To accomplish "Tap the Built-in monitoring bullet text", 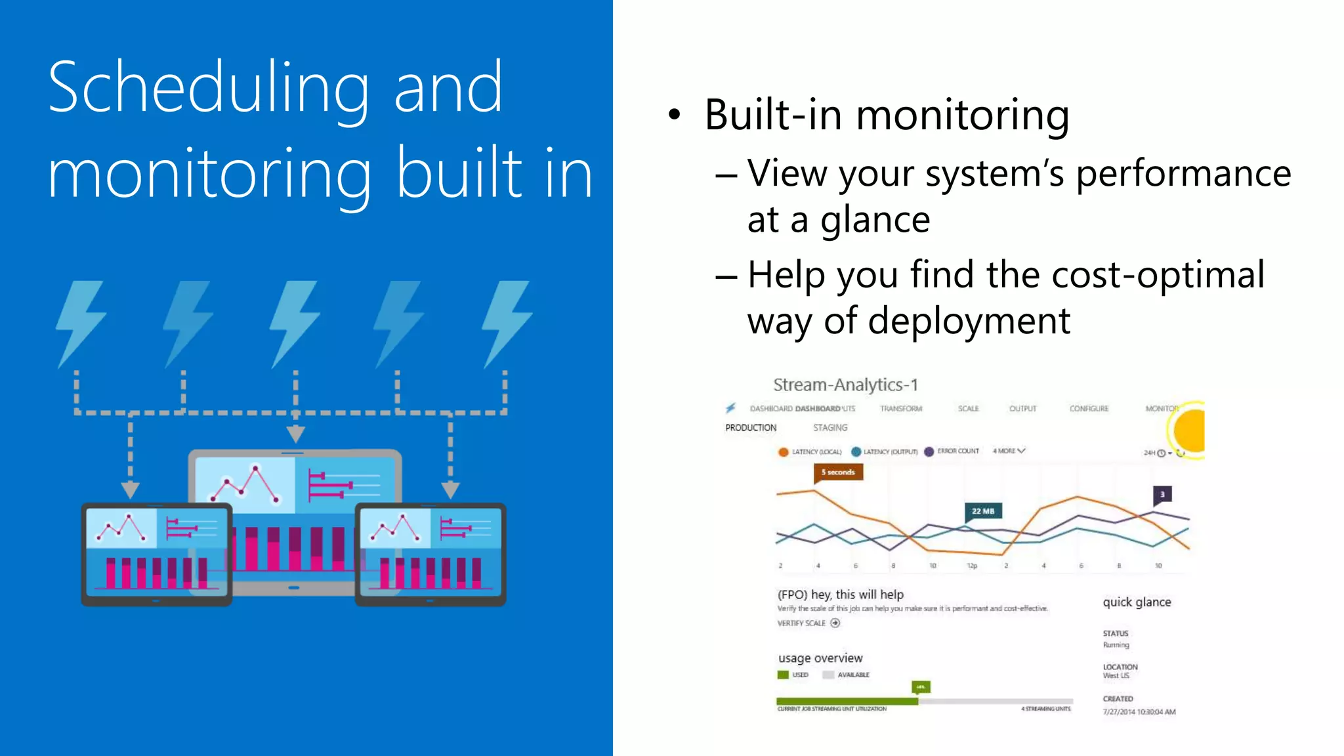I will pos(886,115).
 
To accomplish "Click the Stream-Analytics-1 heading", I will pos(845,385).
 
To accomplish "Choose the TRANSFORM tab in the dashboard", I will pos(900,409).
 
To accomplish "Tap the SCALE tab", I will pos(968,409).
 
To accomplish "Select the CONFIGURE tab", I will pos(1089,409).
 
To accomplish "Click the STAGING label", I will pos(829,428).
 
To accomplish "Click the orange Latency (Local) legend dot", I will pos(783,452).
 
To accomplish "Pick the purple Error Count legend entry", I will pos(952,451).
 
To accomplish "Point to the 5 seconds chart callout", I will pos(838,472).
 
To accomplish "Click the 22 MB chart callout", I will pos(982,511).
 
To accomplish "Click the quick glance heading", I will pos(1137,602).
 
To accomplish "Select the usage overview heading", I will pos(820,658).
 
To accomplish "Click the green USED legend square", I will pos(783,675).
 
